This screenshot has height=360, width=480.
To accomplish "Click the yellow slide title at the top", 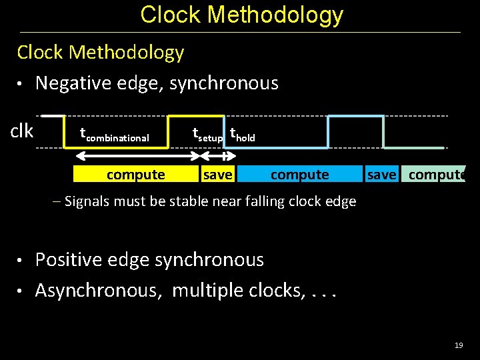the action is click(x=241, y=15).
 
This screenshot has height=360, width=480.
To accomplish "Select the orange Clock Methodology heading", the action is click(x=100, y=52).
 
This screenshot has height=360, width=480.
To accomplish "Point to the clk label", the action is click(x=22, y=131).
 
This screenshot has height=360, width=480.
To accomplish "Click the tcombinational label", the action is click(x=114, y=135).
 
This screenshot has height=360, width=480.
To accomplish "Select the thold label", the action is click(x=242, y=135).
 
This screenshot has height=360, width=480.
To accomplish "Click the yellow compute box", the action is click(x=135, y=175).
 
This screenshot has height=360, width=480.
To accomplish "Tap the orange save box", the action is click(x=217, y=175).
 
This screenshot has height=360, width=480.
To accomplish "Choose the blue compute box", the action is click(x=299, y=175).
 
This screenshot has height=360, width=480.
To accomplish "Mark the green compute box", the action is click(x=436, y=175).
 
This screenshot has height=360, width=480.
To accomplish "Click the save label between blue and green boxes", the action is click(x=381, y=175).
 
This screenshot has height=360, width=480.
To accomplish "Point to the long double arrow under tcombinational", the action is click(x=137, y=156).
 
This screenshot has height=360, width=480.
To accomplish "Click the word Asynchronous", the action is click(x=100, y=291).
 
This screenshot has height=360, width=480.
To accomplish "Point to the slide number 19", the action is click(x=458, y=345).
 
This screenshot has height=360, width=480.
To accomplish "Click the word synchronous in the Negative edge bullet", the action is click(x=224, y=83).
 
